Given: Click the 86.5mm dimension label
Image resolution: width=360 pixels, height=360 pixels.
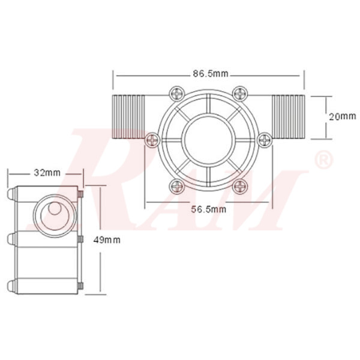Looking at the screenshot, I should coord(210,74).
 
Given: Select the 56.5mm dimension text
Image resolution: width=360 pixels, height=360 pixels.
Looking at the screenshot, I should coord(209,209).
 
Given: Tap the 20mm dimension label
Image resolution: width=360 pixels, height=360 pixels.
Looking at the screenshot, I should coord(343,116).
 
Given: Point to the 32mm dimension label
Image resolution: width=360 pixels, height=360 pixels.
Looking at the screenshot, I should coord(47,173).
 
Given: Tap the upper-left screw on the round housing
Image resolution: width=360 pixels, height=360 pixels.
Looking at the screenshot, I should coord(176,94).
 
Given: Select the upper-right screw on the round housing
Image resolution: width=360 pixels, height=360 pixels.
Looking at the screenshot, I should coord(241,94).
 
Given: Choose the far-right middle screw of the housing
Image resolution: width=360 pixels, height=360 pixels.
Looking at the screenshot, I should coord(265,140).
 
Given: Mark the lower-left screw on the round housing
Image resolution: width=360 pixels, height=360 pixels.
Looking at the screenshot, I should coord(176,187).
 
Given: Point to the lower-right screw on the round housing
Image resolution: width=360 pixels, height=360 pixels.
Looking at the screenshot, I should coord(241,187).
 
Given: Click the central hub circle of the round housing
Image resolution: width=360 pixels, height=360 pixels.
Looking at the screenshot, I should coord(208,140).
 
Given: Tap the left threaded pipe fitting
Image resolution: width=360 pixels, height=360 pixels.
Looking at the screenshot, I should coord(128,116).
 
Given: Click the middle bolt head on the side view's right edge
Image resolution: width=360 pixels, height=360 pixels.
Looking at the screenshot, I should coord(80,240).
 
